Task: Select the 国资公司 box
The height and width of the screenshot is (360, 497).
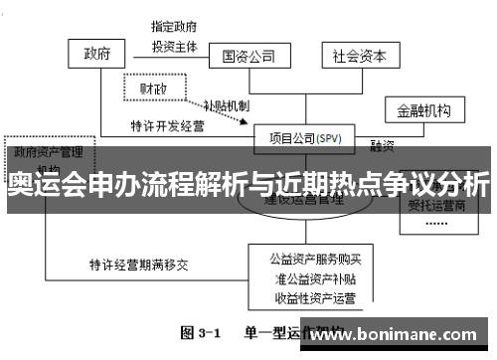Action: [248, 56]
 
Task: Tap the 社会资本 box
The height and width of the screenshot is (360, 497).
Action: [358, 56]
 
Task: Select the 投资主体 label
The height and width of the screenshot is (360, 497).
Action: [173, 45]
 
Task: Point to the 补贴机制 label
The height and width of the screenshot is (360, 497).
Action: [226, 104]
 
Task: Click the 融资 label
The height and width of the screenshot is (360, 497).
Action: [382, 145]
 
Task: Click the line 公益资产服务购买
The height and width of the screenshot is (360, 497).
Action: [309, 258]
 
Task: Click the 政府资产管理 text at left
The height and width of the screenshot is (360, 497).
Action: [48, 152]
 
